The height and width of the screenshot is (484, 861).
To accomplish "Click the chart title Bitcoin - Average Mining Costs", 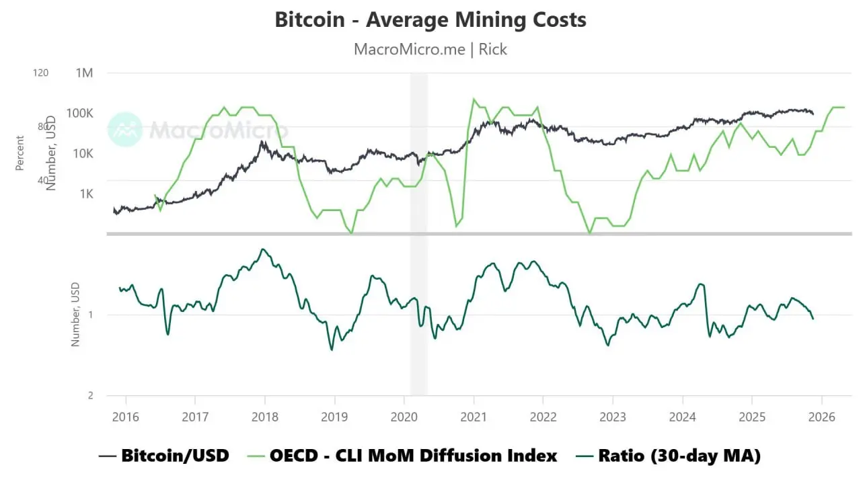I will coord(430,20).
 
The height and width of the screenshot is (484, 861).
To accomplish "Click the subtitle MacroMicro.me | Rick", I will coord(430,49).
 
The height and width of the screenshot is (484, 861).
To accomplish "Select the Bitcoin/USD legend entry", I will coord(164,456).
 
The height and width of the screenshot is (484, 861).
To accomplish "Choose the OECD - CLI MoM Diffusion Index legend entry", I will coord(403,456).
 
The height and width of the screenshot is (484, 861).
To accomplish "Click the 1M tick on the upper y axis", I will coord(85,73).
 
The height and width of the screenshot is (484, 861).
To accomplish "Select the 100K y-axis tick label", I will coord(79,113).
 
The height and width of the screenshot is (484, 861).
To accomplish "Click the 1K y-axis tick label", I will coord(87,194).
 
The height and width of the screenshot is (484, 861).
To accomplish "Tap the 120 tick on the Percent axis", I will coord(40,73).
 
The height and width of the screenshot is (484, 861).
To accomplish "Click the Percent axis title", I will coord(20,153).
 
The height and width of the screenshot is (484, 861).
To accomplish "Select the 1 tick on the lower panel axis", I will coord(90,315).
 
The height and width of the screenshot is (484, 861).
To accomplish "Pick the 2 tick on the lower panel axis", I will coord(90,395).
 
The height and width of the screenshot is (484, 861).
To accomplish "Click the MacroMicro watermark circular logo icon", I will coord(125,129).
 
